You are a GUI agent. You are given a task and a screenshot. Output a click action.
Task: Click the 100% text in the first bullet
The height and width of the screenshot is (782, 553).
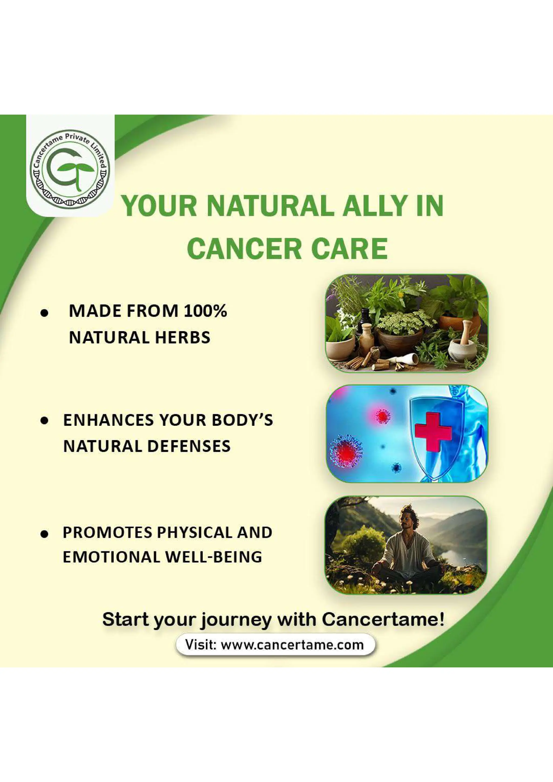click(205, 311)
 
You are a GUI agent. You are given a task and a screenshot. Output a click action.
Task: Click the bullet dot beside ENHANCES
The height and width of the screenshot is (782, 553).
click(44, 421)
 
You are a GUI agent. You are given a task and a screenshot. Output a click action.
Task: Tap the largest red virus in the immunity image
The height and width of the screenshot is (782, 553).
click(346, 452)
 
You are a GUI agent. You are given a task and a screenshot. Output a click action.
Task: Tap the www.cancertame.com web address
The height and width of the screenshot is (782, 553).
click(292, 645)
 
